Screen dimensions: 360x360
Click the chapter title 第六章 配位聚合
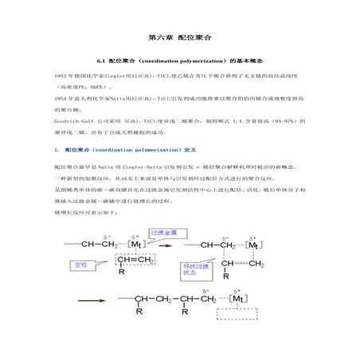coord(179,37)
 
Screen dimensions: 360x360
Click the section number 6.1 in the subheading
coord(100,61)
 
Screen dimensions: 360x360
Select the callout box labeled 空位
coord(80,264)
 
